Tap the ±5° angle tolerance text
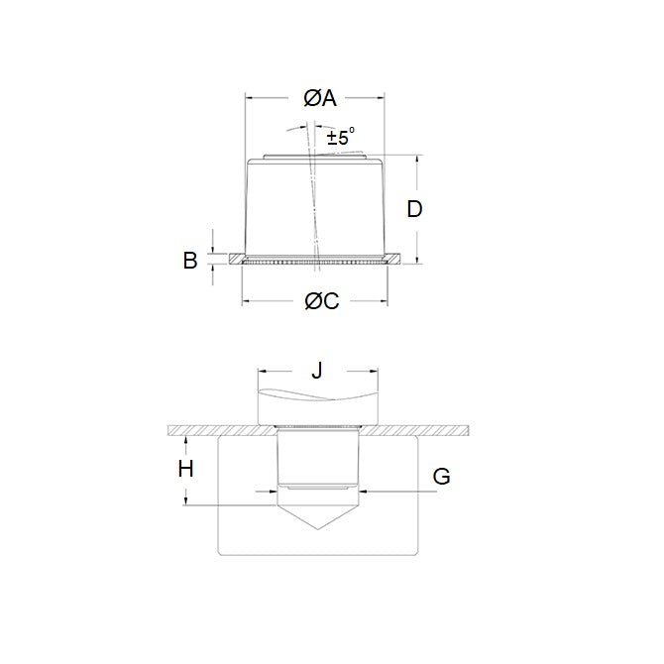click(340, 139)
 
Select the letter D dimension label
click(415, 209)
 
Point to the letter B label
click(190, 261)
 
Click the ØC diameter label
click(319, 301)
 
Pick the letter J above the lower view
click(317, 371)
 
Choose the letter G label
click(442, 477)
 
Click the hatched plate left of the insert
click(218, 430)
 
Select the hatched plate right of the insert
click(416, 430)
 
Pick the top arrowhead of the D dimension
click(416, 159)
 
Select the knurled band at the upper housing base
click(315, 263)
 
